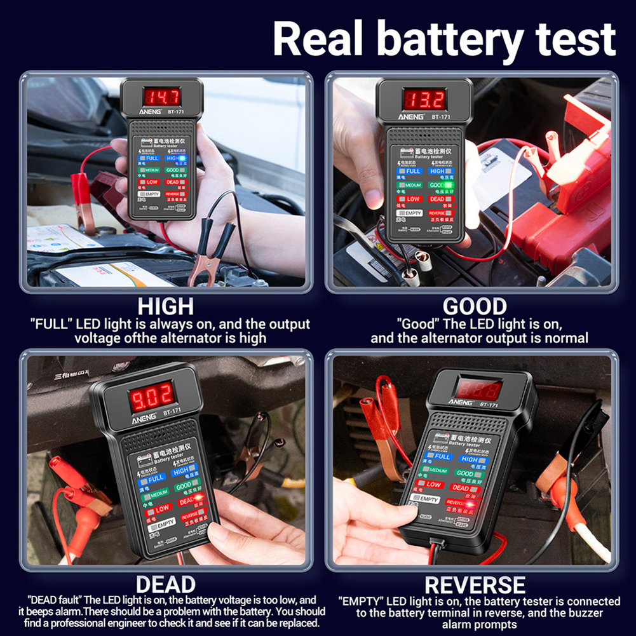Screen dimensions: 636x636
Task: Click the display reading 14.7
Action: point(161,97)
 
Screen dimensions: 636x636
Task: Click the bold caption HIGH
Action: point(166,306)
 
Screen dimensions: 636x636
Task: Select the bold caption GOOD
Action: point(475,306)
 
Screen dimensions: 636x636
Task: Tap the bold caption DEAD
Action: point(166,583)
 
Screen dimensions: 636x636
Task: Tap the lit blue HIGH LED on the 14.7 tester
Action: point(182,158)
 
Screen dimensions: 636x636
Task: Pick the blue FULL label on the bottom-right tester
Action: point(441,456)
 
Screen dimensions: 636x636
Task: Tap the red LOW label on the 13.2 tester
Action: point(413,200)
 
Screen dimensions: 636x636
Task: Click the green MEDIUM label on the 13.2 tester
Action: point(412,185)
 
